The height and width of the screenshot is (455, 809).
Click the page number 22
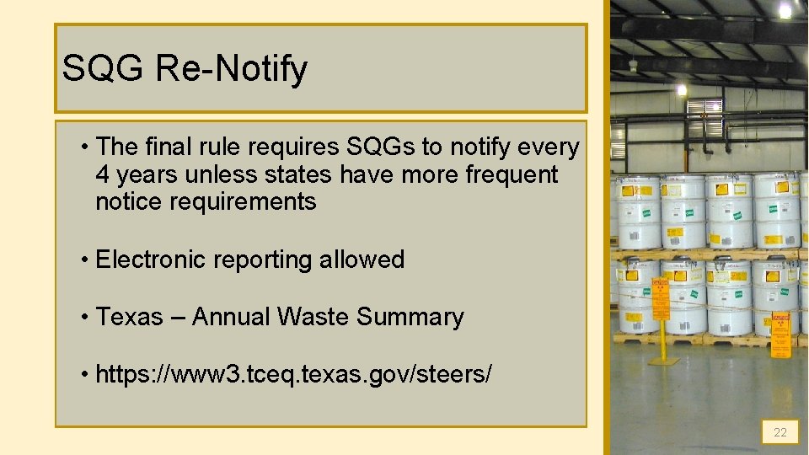click(x=780, y=432)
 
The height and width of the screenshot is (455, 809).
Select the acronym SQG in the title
click(x=103, y=69)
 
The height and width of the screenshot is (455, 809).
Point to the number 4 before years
click(x=103, y=174)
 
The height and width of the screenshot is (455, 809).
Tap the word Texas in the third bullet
click(x=130, y=317)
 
